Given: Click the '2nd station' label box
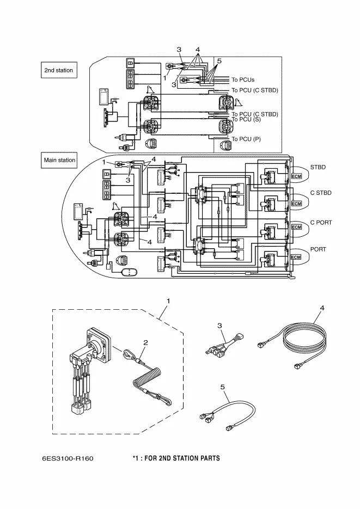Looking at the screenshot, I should point(58,70).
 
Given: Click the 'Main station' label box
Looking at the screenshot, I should point(59,160).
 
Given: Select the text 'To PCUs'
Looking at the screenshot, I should point(243,79).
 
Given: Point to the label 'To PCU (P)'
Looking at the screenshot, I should point(246,139).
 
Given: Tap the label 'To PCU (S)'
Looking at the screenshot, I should point(246,119).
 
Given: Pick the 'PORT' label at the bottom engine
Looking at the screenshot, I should point(318,249).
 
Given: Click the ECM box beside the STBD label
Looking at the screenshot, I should point(296,177).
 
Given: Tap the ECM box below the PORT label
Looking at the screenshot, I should point(296,257).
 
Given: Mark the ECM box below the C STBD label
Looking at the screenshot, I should point(296,204).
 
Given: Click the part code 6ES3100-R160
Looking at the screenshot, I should point(68,458).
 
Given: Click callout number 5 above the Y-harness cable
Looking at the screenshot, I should point(222,388).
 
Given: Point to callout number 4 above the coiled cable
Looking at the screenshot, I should point(322,308).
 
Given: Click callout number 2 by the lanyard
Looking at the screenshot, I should point(146,342).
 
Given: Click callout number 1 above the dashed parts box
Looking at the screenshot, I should point(168,301).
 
